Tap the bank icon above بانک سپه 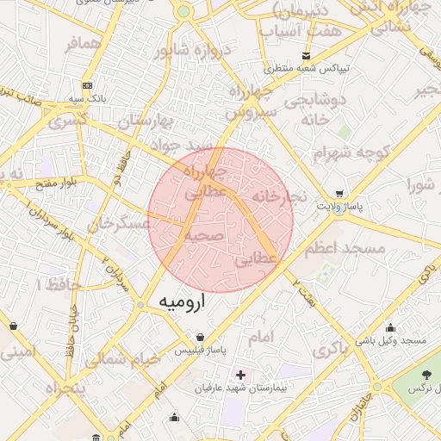[x=87, y=85]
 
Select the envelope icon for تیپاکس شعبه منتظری [x=306, y=56]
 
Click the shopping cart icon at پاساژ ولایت [x=339, y=194]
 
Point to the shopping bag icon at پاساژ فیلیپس [x=200, y=337]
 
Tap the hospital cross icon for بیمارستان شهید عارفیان [x=240, y=376]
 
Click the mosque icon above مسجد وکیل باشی [x=390, y=327]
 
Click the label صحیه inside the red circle [x=204, y=235]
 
